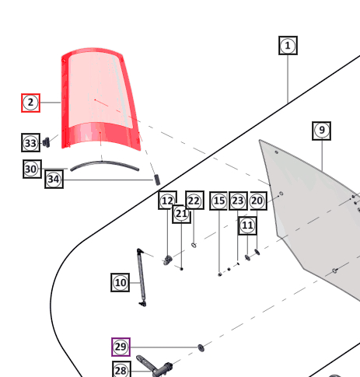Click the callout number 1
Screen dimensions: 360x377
(x=288, y=46)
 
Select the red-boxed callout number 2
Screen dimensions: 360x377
(x=30, y=103)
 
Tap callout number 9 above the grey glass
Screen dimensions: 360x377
(x=321, y=131)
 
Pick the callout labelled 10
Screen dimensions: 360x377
(x=121, y=282)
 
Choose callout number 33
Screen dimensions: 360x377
(x=30, y=143)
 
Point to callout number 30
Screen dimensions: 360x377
(x=32, y=169)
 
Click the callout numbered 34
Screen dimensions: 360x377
(x=54, y=180)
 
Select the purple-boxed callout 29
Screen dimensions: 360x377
(x=121, y=347)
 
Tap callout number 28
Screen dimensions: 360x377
(x=122, y=370)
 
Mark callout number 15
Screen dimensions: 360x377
(x=218, y=201)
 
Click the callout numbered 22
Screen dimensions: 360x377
(x=194, y=200)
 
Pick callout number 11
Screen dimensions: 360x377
(x=247, y=225)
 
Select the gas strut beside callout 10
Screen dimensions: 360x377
(x=142, y=278)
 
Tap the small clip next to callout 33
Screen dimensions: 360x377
(x=47, y=142)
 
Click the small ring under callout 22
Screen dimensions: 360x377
(x=194, y=245)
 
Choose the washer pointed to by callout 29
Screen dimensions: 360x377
(x=201, y=348)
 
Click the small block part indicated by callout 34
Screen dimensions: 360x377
(x=157, y=180)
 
